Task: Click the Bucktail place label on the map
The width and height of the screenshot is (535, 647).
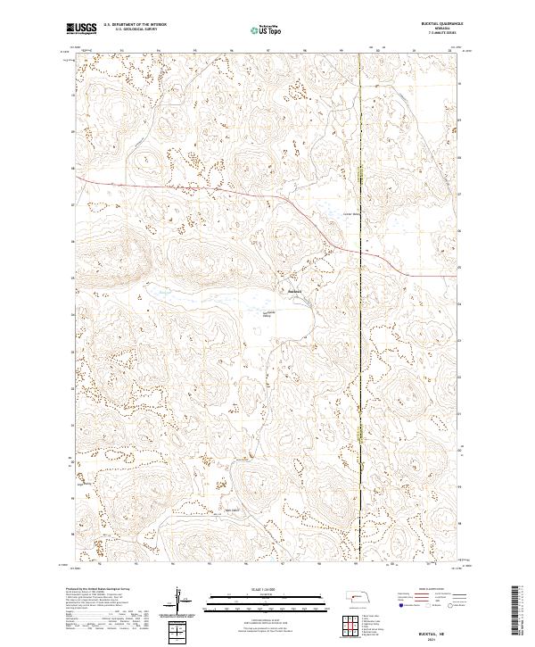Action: click(295, 292)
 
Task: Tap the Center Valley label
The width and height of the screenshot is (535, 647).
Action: click(351, 214)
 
